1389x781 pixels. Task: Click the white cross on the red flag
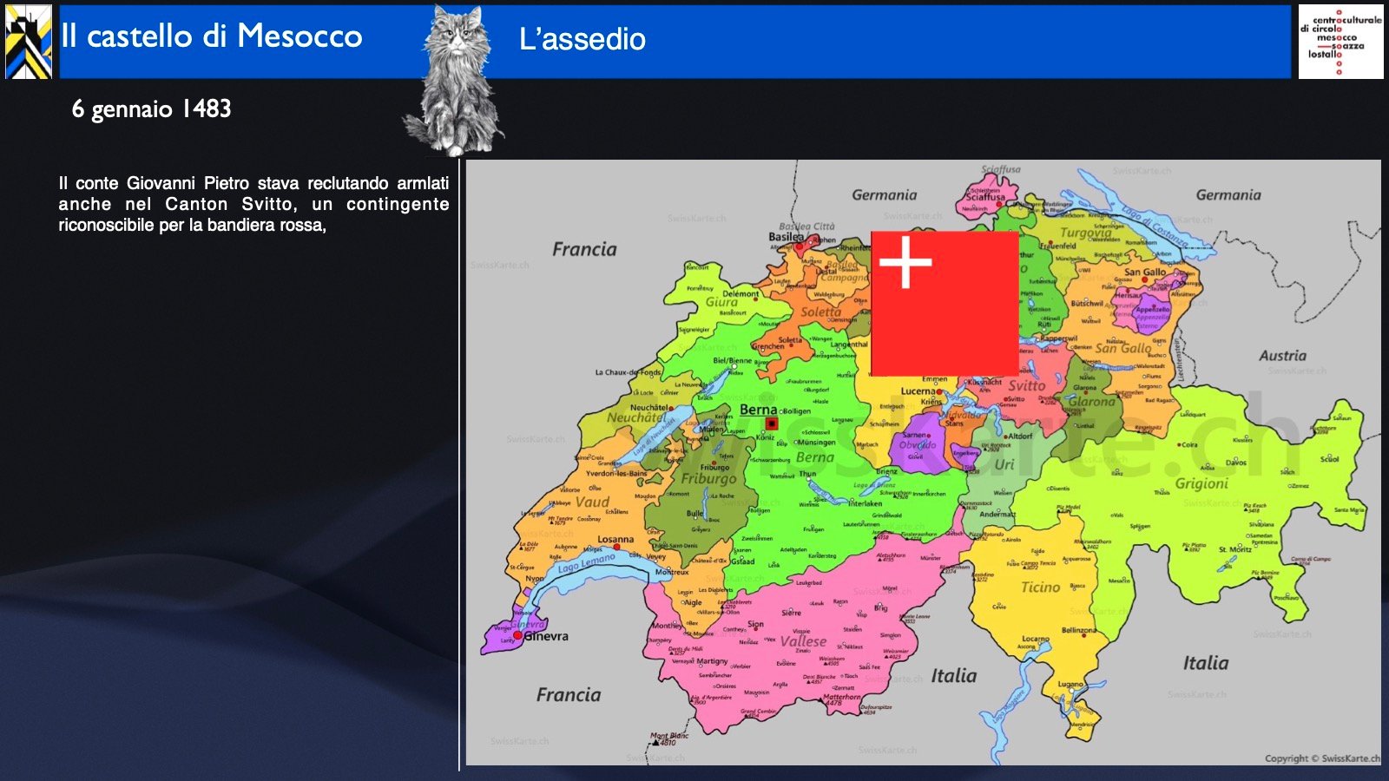click(x=905, y=261)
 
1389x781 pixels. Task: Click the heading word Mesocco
click(x=300, y=36)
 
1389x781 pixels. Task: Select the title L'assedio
click(x=582, y=39)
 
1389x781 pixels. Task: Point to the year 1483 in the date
click(x=207, y=109)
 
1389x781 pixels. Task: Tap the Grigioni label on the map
click(x=1201, y=483)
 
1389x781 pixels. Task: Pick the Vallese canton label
click(x=803, y=641)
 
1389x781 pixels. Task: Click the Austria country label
click(x=1282, y=356)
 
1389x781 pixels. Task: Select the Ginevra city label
click(x=546, y=636)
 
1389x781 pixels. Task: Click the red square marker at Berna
click(x=771, y=423)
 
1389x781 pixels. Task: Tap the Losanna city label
click(x=616, y=539)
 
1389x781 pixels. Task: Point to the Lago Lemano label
click(x=586, y=563)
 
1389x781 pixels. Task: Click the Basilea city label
click(x=786, y=236)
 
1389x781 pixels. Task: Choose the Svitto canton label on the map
click(x=1026, y=385)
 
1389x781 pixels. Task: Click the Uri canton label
click(x=1004, y=464)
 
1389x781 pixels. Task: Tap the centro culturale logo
click(x=1340, y=42)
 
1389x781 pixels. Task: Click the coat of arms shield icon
click(x=29, y=42)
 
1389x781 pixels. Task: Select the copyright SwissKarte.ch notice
click(x=1320, y=758)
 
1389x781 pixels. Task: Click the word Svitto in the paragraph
click(x=267, y=205)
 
